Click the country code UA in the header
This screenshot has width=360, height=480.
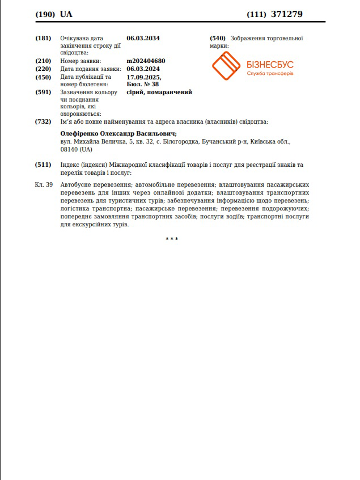(66, 14)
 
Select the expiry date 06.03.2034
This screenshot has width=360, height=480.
(143, 38)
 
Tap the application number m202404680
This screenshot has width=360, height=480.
(146, 61)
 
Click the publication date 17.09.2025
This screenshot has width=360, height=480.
(144, 77)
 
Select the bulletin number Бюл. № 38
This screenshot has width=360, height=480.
(143, 84)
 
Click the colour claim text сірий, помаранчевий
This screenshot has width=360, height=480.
(159, 92)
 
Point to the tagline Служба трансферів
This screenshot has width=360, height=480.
(270, 75)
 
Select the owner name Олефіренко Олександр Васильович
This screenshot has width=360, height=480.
(118, 134)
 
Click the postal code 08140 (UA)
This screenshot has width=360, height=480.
(76, 150)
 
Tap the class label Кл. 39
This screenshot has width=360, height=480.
(44, 185)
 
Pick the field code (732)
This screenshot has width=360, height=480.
(43, 121)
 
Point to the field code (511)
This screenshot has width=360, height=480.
(43, 165)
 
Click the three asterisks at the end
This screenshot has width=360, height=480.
(172, 239)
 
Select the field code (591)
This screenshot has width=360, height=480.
(43, 92)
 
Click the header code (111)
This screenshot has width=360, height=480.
(256, 14)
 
